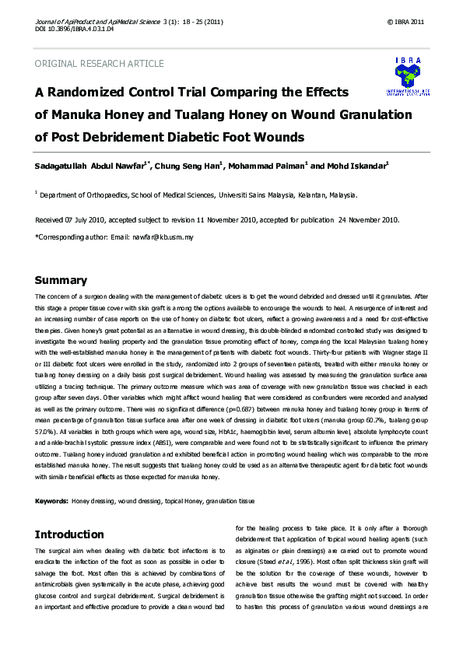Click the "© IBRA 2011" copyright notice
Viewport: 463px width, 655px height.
[x=406, y=21]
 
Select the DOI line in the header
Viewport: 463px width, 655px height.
[x=75, y=29]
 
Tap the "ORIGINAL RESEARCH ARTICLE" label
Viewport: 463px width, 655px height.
[x=100, y=64]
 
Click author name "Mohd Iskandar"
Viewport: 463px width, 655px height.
[x=354, y=166]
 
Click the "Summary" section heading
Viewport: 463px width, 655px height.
[x=61, y=281]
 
